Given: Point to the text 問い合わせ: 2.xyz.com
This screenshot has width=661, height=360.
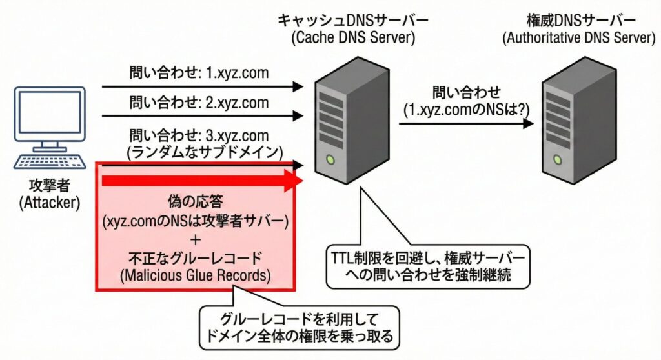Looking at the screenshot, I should tap(199, 103).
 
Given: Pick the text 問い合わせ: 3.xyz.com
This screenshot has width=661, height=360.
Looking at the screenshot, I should tap(199, 135).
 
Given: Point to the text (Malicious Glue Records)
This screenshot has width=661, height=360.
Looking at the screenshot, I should tap(196, 275).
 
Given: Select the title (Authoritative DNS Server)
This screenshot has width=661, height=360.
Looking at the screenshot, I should tap(579, 38).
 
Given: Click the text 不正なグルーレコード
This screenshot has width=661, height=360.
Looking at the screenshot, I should tap(196, 259).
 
